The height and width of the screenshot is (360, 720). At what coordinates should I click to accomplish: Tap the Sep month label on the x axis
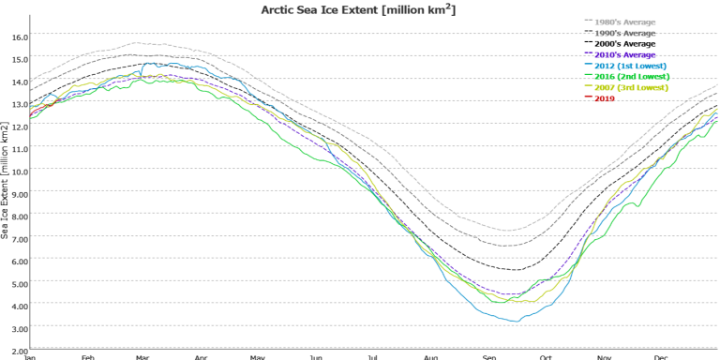point(489,357)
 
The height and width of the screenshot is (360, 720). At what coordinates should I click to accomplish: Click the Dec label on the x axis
point(659,357)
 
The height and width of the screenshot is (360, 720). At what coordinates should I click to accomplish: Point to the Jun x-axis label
point(316,357)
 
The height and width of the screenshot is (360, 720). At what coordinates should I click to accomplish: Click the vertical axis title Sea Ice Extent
point(5,180)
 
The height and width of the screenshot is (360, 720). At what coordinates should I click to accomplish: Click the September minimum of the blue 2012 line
point(517,321)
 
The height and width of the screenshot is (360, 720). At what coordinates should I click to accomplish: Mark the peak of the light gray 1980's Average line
point(136,43)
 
